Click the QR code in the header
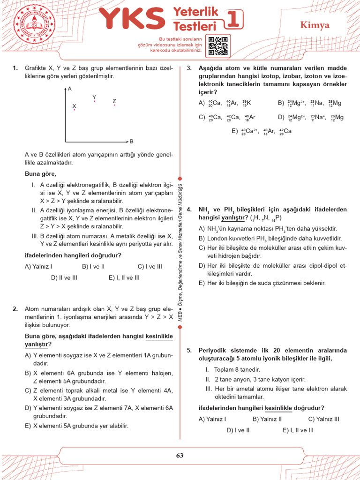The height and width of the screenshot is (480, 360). click(218, 45)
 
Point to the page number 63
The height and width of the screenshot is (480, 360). click(180, 455)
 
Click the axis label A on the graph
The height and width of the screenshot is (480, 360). click(69, 88)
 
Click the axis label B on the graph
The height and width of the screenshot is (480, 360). click(132, 141)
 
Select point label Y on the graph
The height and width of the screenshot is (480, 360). click(94, 97)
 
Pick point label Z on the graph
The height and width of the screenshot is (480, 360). click(114, 101)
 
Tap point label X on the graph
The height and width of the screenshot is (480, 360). click(74, 106)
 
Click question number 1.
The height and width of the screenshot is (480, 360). click(15, 68)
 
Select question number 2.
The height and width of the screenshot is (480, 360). click(15, 309)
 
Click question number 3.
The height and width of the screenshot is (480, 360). click(189, 68)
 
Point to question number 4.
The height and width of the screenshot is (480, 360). click(189, 209)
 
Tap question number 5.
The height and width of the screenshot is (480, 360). click(189, 350)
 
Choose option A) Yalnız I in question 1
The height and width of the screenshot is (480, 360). click(38, 266)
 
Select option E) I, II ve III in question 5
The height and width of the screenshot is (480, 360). click(298, 430)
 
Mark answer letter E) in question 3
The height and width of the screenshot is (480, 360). click(235, 132)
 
